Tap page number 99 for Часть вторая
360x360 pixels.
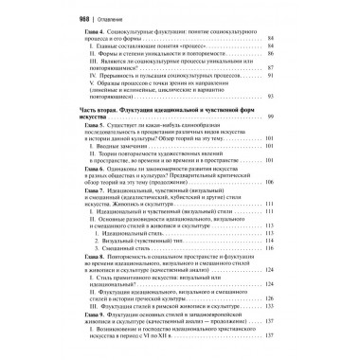[297, 116]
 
